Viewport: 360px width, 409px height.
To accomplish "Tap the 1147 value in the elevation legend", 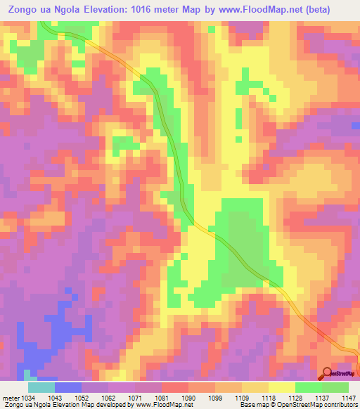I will (349, 398).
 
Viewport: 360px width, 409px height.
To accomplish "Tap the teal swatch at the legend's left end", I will (41, 387).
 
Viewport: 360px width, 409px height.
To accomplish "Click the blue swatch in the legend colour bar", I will (68, 387).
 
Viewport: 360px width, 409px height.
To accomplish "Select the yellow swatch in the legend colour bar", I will (281, 387).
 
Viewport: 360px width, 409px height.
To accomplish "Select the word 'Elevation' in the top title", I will (106, 9).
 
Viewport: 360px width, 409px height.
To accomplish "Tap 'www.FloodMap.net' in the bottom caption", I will (160, 405).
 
